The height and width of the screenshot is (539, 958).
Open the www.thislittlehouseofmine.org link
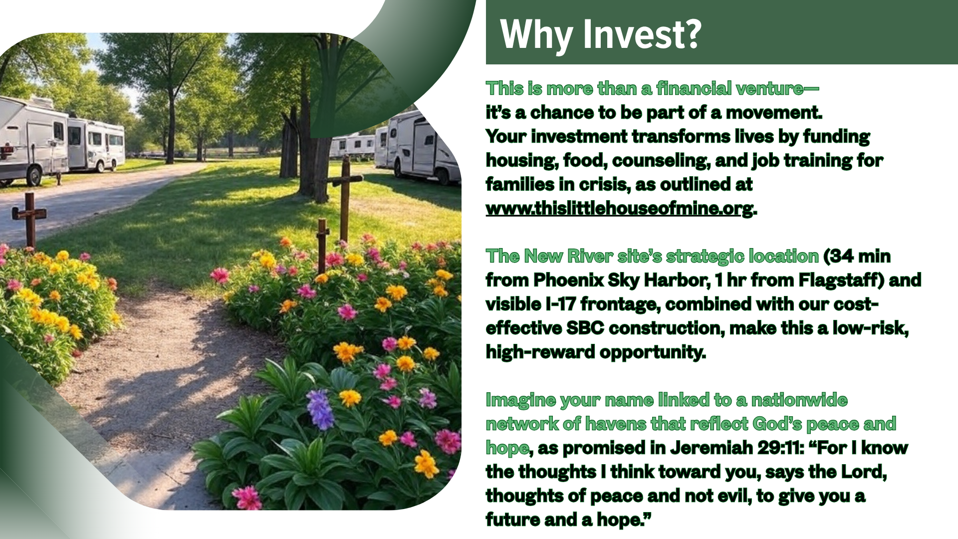619,208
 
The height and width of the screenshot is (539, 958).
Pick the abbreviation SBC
585,328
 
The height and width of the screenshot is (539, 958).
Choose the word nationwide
799,400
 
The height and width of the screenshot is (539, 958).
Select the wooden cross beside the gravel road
29,220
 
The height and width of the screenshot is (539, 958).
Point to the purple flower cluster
320,409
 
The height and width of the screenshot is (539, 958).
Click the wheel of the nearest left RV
34,176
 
